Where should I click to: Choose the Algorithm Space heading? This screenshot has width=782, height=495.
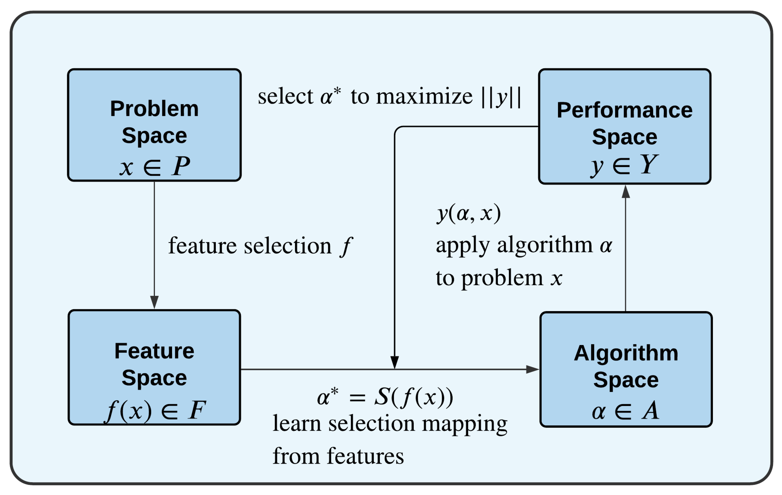pos(626,366)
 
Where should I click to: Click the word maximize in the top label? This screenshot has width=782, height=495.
pos(424,97)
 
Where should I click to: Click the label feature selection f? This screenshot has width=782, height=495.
pos(260,246)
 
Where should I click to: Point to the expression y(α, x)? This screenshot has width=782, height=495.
pos(468,214)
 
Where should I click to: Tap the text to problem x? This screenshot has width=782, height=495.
pos(499,278)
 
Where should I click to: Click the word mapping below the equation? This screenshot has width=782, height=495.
pos(465,424)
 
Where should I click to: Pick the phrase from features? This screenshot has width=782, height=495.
pos(338,456)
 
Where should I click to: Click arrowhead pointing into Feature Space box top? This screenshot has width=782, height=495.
pos(154,302)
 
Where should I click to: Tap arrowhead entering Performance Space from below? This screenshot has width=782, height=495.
pos(626,192)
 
